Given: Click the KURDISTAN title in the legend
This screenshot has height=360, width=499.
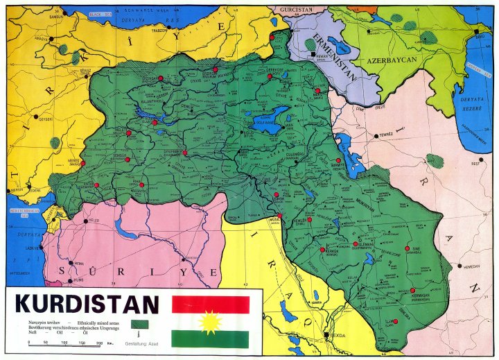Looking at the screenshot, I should pyautogui.click(x=87, y=305).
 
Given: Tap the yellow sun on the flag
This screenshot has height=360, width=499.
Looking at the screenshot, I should pyautogui.click(x=209, y=323).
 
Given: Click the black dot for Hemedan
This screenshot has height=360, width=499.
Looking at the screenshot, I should pyautogui.click(x=460, y=265).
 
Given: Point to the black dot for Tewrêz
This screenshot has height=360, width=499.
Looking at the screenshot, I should pyautogui.click(x=376, y=136).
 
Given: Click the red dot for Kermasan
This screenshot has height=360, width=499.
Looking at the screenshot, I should pyautogui.click(x=412, y=291).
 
